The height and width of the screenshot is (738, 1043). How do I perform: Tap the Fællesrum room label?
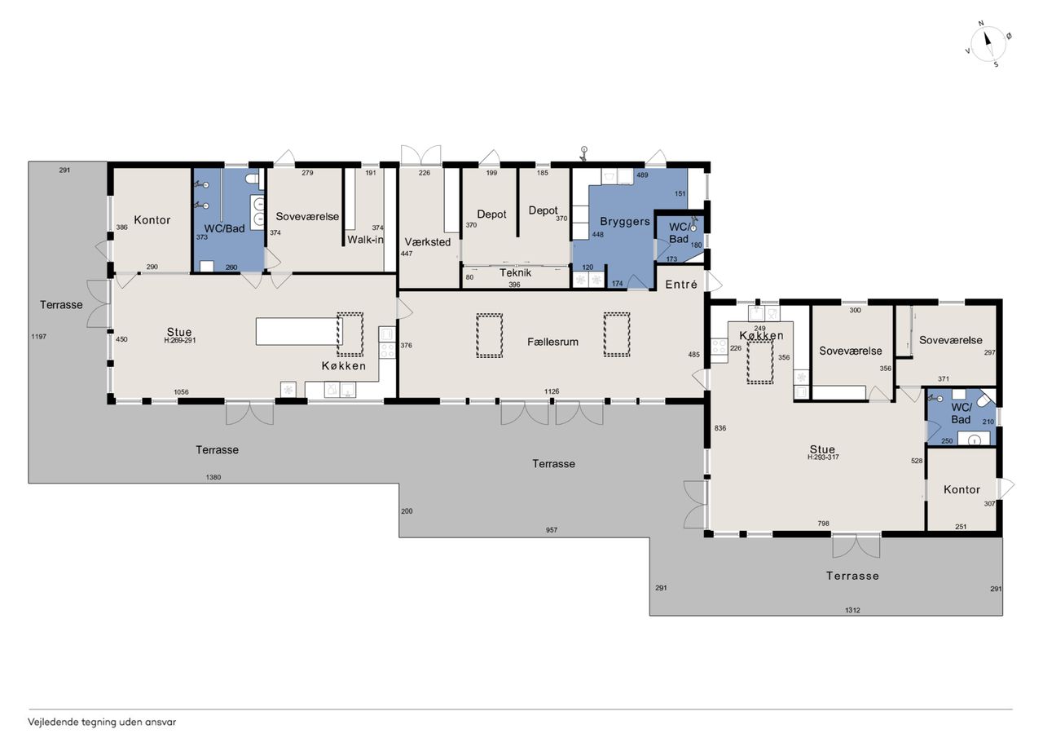552,342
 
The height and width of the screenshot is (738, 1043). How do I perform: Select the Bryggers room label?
624,222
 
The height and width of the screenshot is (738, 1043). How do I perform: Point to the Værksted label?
428,242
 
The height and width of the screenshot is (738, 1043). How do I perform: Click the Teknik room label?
515,272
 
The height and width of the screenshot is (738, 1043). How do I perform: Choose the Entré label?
681,285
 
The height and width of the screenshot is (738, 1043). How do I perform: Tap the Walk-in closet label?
366,240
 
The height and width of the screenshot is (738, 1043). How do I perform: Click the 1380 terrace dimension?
213,477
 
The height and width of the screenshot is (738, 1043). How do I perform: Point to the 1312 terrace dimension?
852,610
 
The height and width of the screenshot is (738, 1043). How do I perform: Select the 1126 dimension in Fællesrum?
552,391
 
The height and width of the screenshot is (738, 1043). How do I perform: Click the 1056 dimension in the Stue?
181,391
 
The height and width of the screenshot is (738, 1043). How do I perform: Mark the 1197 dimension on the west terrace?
38,337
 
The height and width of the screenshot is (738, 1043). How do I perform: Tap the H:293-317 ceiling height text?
823,457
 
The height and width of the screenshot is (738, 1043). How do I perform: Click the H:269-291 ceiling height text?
180,340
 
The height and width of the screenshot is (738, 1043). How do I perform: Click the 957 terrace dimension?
552,530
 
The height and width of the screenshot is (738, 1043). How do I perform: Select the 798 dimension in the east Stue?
823,524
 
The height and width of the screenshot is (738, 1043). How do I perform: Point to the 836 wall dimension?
720,427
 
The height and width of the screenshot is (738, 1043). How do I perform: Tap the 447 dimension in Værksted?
407,254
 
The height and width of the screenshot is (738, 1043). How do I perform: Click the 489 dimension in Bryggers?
642,175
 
